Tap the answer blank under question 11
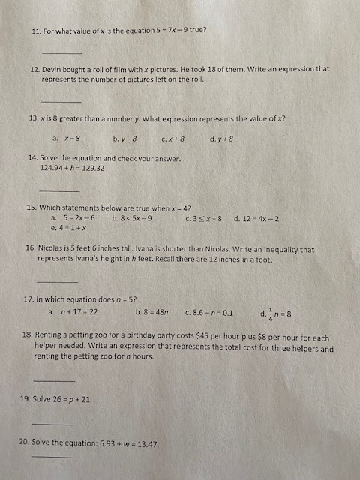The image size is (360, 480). tap(61, 52)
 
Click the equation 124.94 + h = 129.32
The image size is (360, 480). tap(72, 168)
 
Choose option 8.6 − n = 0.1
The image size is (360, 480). tap(213, 311)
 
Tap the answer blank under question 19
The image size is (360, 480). tap(52, 424)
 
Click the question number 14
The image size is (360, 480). tap(32, 158)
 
